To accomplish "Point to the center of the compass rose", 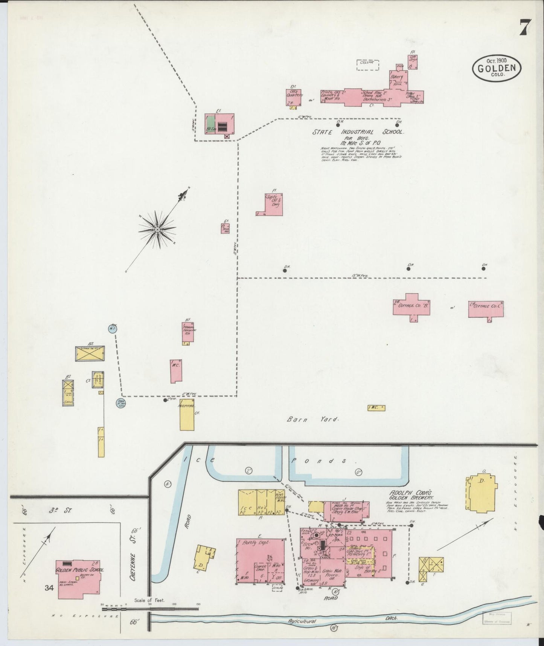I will point(157,229).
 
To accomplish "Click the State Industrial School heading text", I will point(358,132).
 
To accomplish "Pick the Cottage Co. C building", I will point(486,309).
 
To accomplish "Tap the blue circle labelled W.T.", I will point(113,329).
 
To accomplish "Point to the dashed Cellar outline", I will point(368,64).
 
